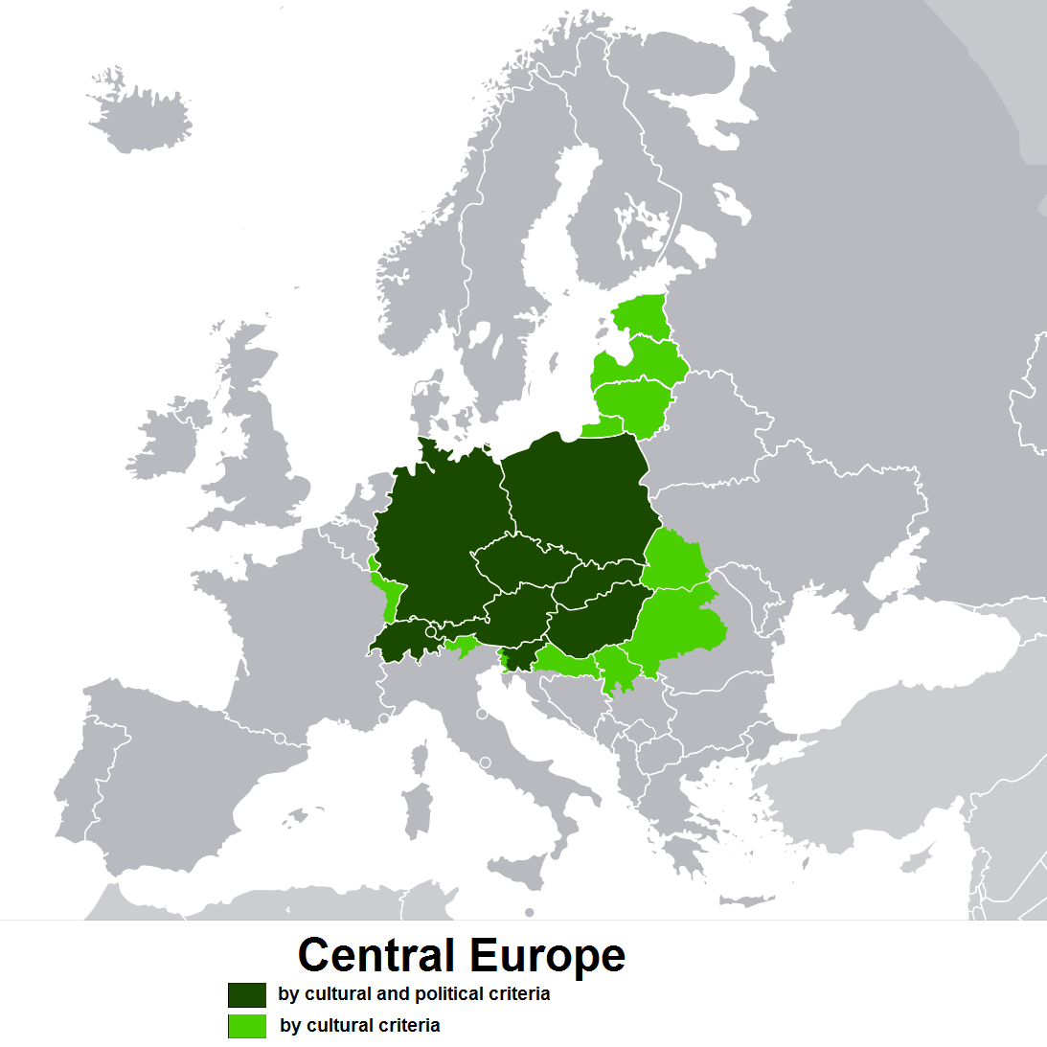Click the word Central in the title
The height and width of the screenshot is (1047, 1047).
click(376, 955)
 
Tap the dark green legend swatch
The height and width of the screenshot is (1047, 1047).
click(247, 994)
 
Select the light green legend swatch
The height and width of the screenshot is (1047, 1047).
click(247, 1026)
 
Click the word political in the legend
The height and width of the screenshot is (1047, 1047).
click(450, 994)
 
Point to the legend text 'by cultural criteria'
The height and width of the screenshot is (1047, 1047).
click(360, 1026)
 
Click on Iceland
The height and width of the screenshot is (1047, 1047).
click(139, 120)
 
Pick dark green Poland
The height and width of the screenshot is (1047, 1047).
click(580, 498)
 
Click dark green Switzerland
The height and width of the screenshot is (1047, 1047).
click(402, 642)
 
